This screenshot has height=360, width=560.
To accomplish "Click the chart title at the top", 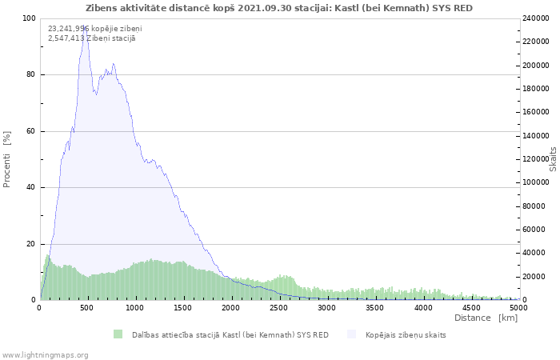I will click(278, 8).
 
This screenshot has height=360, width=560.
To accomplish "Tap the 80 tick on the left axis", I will click(30, 75).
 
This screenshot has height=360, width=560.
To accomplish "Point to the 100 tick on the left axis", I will click(29, 18).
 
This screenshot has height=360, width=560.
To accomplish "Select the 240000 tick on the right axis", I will click(537, 18).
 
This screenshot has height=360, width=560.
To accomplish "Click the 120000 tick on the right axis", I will click(537, 159).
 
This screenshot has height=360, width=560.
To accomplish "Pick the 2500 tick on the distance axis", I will click(422, 307).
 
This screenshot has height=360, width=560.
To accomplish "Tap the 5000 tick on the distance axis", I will click(518, 307).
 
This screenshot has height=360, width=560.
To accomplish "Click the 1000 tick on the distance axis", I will click(135, 307).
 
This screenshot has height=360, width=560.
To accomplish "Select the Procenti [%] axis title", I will click(7, 159).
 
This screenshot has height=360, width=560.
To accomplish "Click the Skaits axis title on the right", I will click(553, 159).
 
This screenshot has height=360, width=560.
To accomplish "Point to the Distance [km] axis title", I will click(486, 318).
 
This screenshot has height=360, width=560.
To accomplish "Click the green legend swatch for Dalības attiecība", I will click(118, 334).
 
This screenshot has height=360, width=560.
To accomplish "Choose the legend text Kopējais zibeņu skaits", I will click(406, 334).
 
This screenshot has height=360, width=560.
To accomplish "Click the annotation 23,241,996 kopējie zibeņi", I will click(83, 29).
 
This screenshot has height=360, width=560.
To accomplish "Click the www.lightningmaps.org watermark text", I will click(45, 354).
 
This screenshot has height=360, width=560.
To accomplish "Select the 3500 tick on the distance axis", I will click(374, 307).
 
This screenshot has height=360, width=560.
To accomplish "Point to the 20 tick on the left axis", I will click(32, 244).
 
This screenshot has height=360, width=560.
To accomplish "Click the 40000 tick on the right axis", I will click(534, 254).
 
